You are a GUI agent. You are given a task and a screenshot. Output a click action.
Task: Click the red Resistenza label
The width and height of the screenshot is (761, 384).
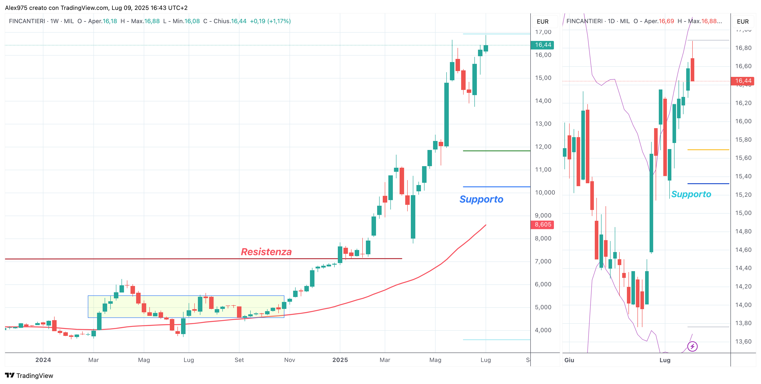pyautogui.click(x=266, y=252)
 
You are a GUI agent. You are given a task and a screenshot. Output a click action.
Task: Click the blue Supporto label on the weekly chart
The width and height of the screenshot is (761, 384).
pyautogui.click(x=481, y=199)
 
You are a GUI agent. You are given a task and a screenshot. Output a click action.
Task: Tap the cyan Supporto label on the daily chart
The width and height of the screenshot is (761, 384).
pyautogui.click(x=691, y=194)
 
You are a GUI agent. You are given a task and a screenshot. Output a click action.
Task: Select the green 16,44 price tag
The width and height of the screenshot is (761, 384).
pyautogui.click(x=542, y=45)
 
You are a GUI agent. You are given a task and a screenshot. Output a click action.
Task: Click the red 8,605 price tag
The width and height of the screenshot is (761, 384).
pyautogui.click(x=542, y=225)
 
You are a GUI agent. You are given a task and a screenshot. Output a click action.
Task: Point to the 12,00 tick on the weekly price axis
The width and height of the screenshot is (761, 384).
pyautogui.click(x=543, y=147)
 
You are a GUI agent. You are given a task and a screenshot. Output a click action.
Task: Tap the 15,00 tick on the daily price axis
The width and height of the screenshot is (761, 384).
pyautogui.click(x=743, y=213)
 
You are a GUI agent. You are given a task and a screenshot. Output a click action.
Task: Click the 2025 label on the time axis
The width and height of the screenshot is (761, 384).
pyautogui.click(x=340, y=360)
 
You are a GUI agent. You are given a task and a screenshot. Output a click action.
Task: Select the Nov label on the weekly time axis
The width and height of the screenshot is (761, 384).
pyautogui.click(x=290, y=360)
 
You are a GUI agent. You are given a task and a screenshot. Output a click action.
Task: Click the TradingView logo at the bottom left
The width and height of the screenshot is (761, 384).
pyautogui.click(x=29, y=376)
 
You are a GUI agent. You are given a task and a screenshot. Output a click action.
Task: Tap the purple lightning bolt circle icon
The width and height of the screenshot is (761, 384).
pyautogui.click(x=692, y=346)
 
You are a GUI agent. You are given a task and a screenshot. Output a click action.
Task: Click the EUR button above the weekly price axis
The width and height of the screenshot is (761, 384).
pyautogui.click(x=542, y=22)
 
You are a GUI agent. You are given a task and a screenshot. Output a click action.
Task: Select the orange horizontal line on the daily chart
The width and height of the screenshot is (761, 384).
pyautogui.click(x=708, y=150)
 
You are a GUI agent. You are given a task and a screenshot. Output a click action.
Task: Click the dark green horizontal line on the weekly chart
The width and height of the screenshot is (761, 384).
pyautogui.click(x=496, y=151)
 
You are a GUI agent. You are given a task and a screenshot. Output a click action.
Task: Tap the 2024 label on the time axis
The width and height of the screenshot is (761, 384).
pyautogui.click(x=43, y=360)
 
